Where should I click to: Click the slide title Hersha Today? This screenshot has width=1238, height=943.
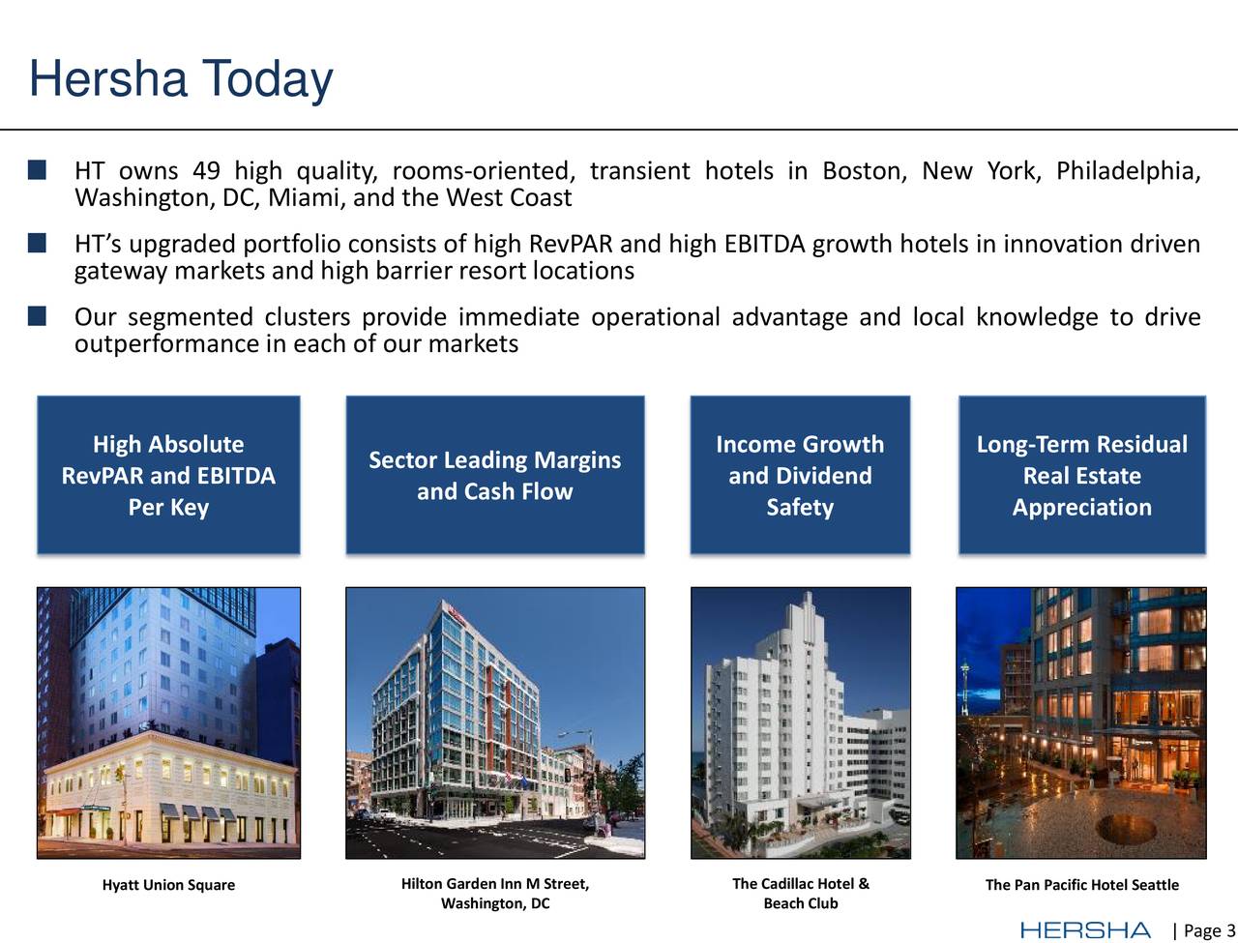[181, 79]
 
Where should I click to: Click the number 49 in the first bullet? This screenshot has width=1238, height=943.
[206, 171]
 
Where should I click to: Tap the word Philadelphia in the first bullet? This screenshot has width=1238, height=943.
[1128, 171]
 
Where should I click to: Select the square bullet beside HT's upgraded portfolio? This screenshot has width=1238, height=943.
[37, 244]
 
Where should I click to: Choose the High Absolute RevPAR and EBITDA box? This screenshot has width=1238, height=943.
[168, 475]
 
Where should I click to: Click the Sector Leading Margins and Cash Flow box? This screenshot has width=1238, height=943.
[494, 475]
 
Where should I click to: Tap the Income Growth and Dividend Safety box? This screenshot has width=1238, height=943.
[800, 475]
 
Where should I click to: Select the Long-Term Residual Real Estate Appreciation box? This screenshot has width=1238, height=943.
[1081, 475]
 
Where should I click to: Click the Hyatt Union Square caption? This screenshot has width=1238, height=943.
[168, 885]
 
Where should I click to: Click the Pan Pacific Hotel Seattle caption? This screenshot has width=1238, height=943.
[1081, 885]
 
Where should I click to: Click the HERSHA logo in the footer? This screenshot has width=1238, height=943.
[1085, 930]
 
